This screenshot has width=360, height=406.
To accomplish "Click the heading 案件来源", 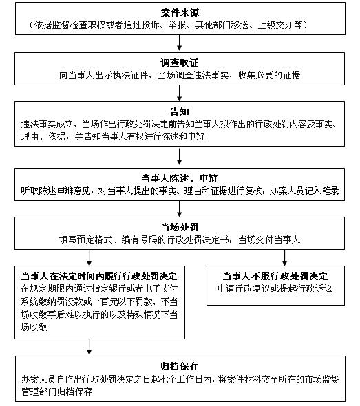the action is coord(180,12).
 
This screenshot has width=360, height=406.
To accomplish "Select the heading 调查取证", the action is coord(180,63).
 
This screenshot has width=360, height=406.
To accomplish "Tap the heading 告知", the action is coord(180,111).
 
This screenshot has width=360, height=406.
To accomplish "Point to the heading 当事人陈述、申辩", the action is coord(180,178).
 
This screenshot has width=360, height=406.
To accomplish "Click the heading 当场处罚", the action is coord(180,227).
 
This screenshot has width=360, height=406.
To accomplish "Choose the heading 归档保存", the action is coord(180,366).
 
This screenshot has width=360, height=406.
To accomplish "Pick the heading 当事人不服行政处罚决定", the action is coord(275,276).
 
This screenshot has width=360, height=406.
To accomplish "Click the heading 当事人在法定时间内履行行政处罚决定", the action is coord(99,276).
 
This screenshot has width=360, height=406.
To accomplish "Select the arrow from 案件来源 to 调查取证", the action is coord(179,43).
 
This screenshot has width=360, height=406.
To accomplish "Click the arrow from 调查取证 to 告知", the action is coord(179,93).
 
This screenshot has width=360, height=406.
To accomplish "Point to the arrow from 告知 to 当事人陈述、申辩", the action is coord(179,156).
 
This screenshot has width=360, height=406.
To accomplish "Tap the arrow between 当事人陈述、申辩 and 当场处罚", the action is coord(179,209).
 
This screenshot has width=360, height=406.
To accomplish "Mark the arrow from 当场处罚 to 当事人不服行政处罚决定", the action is coord(285,257).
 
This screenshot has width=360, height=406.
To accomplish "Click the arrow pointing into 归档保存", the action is coord(89,347).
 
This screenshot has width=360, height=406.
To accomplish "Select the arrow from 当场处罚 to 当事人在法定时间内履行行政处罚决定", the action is coord(89,257).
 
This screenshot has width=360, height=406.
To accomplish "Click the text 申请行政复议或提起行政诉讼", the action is coord(275,288).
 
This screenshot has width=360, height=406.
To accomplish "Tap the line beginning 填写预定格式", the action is coord(180,239).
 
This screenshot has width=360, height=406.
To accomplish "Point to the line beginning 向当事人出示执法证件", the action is coord(180,75).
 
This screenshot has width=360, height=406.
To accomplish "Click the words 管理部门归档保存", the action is coord(56,392).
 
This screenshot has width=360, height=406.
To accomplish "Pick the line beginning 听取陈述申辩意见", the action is coord(180,191).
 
